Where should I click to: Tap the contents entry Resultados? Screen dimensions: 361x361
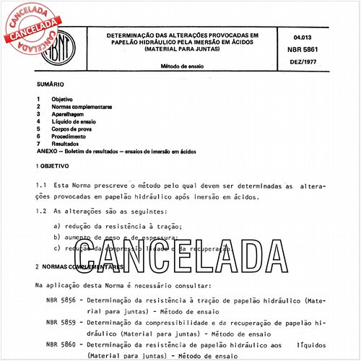coord(70,144)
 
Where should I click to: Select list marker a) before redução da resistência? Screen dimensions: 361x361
coord(57,226)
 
